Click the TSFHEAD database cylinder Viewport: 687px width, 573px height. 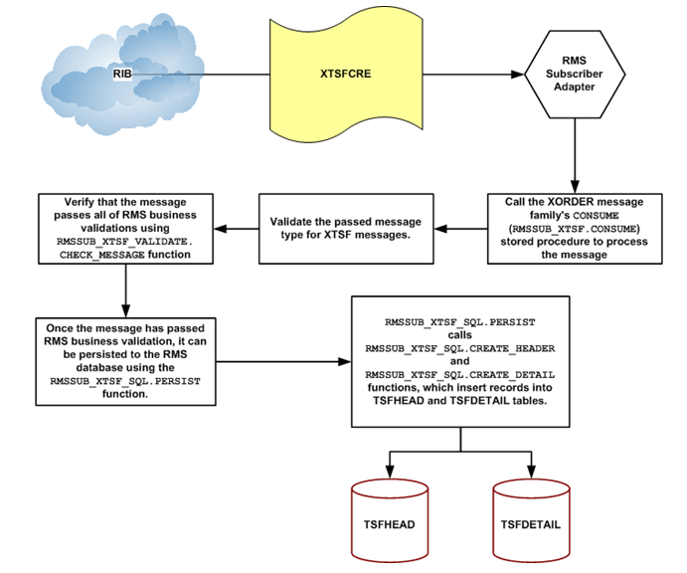pos(390,523)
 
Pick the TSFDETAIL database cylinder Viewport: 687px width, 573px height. pos(529,523)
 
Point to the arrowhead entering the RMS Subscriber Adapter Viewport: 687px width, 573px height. pos(518,74)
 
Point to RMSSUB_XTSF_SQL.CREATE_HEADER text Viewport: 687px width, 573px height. pos(459,349)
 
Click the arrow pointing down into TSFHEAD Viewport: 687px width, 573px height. pos(390,466)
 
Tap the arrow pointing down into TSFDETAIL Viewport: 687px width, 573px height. pos(529,466)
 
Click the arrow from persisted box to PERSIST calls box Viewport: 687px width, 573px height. pos(284,361)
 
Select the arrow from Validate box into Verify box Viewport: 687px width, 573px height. pos(234,230)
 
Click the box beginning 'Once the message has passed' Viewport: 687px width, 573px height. pos(127,361)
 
